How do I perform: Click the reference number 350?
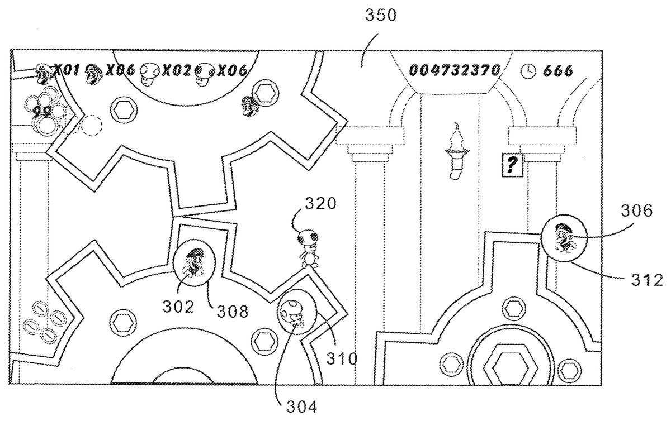click(381, 16)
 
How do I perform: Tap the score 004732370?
click(454, 70)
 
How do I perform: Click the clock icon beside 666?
click(528, 70)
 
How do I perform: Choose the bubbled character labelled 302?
click(194, 265)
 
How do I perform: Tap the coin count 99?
click(41, 112)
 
